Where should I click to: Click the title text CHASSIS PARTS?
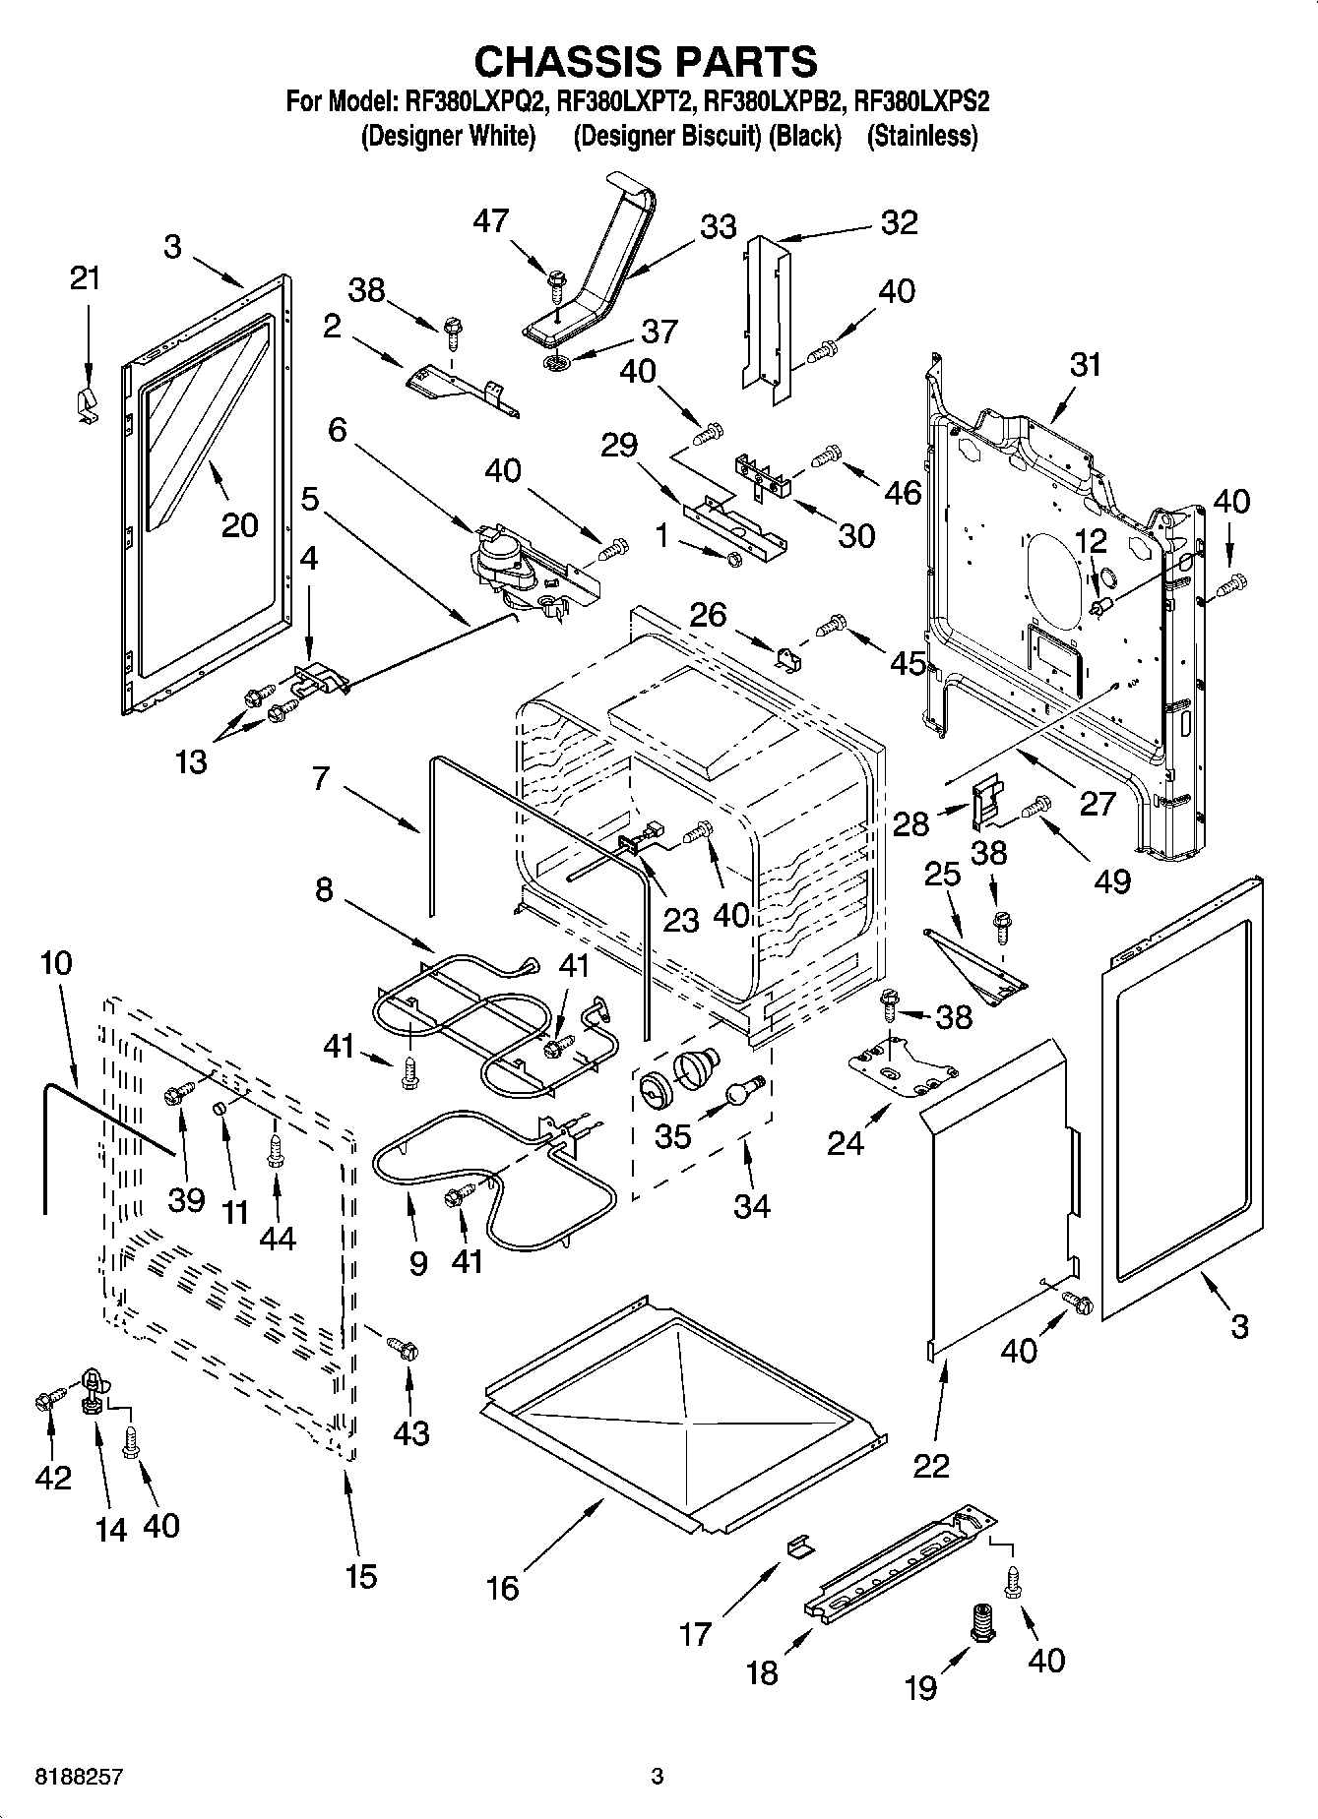(x=646, y=61)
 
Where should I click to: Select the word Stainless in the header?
(x=921, y=136)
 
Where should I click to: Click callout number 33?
(x=718, y=226)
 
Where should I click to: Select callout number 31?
(x=1086, y=364)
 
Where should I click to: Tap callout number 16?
(x=502, y=1587)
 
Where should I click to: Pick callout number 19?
(x=920, y=1688)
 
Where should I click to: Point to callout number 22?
(x=931, y=1466)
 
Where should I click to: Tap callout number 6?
(x=338, y=430)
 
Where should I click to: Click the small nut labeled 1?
(x=733, y=560)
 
